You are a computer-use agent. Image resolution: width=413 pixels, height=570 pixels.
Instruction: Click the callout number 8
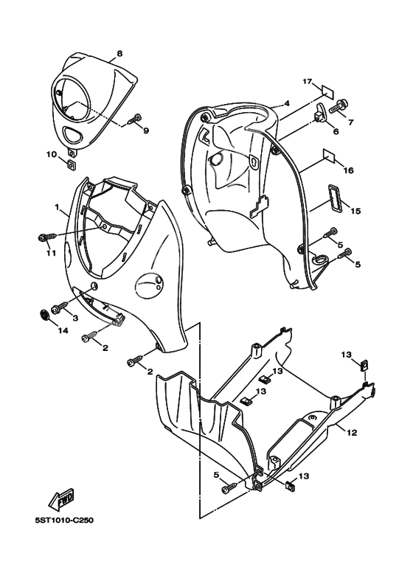pos(119,53)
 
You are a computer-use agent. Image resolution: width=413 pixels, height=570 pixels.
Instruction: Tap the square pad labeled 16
pos(330,156)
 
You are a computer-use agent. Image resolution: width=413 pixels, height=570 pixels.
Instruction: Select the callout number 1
pos(57,207)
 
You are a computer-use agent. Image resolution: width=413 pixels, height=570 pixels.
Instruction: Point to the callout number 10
pos(52,155)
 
